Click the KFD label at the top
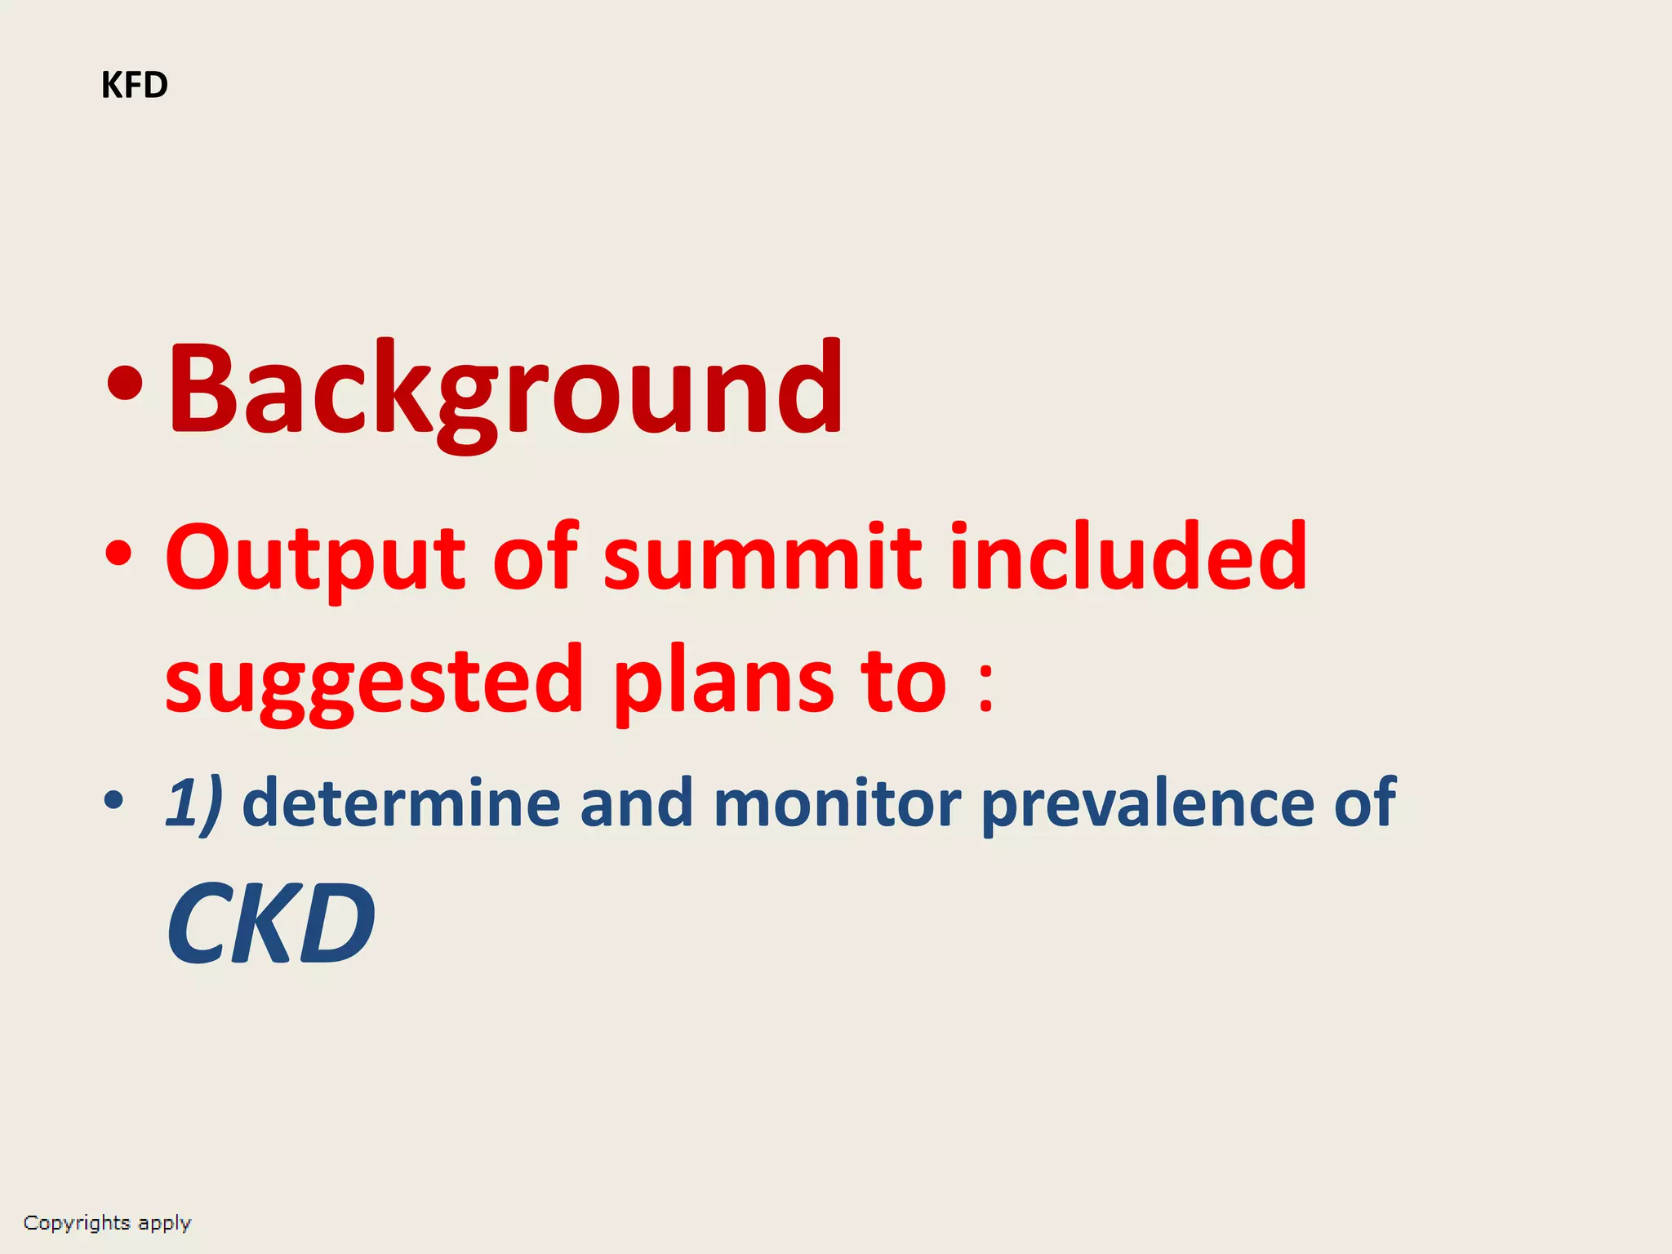click(x=135, y=85)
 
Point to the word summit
click(x=763, y=558)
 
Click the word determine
click(x=401, y=803)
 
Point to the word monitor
click(x=837, y=803)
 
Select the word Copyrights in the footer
click(x=77, y=1222)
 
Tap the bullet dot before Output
click(x=118, y=554)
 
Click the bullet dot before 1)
click(x=114, y=801)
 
